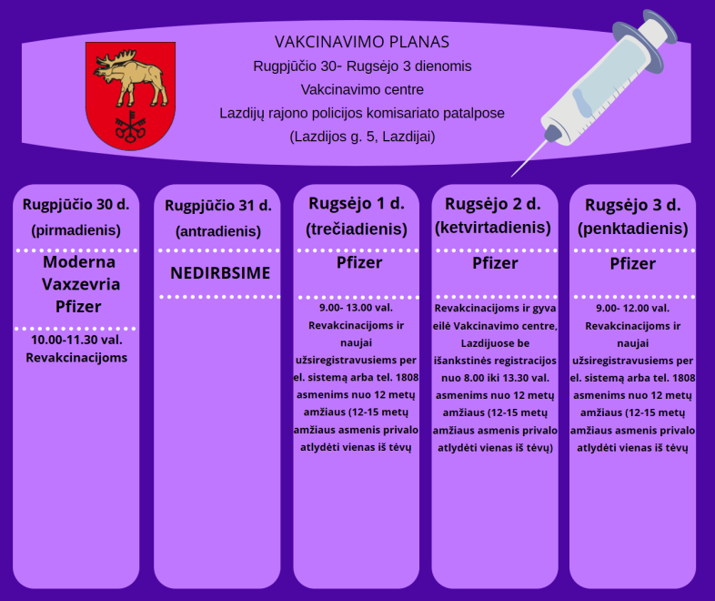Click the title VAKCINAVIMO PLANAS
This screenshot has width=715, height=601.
pos(362,42)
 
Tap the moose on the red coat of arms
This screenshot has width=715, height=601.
pos(130,77)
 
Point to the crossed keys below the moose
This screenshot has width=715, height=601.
pos(130,125)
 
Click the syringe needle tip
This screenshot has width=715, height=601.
pos(512,176)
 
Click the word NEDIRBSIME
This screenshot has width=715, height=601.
pos(220,273)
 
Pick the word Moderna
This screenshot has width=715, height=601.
pos(79,262)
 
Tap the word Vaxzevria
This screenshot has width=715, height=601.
pos(81,284)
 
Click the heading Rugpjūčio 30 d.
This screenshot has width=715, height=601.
pos(76,205)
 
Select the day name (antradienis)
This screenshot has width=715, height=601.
pos(218,231)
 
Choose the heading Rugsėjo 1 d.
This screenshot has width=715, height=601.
pos(357,204)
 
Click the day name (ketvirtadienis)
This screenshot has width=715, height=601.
pos(493,228)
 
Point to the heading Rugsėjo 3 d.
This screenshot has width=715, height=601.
pos(633,206)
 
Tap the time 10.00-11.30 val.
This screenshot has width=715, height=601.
pos(76,340)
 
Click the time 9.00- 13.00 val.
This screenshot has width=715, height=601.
pos(356,308)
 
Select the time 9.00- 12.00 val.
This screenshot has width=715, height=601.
pos(633,308)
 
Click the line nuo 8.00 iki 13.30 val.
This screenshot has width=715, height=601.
pos(495,378)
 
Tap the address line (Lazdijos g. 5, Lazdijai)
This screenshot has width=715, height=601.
pos(363,137)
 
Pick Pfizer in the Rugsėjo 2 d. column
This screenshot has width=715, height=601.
pos(495,263)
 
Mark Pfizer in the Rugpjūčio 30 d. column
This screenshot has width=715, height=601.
pos(78,307)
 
